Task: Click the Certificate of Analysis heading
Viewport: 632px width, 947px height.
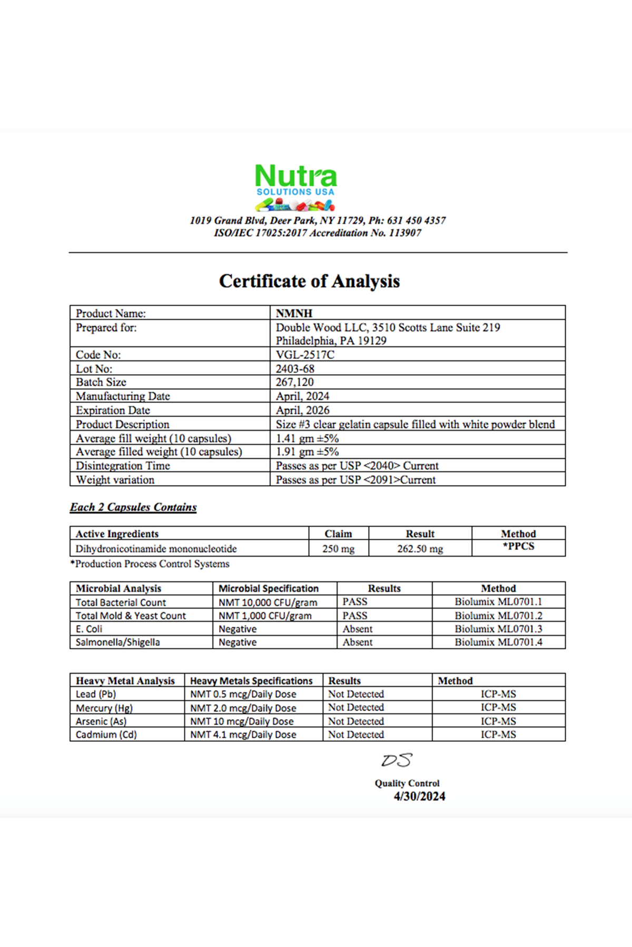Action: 309,281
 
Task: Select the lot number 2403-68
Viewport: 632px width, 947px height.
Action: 295,369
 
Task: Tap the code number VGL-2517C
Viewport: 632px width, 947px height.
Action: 305,355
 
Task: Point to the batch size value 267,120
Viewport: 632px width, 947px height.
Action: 294,382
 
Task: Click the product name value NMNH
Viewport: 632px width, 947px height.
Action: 294,314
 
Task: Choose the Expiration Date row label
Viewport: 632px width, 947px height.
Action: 113,410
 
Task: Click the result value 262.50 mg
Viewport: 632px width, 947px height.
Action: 420,549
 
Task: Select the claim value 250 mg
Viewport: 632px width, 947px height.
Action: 338,549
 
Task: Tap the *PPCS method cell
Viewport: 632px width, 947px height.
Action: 518,547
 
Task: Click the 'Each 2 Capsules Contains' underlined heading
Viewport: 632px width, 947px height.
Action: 133,507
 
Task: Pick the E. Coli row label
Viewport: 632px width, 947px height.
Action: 89,629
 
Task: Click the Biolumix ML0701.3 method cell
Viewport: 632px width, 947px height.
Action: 498,629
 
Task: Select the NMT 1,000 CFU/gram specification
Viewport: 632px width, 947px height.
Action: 265,616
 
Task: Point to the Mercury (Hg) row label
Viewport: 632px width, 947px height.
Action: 104,708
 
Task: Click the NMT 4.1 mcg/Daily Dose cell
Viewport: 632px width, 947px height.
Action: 243,735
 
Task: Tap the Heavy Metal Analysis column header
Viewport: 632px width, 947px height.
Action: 125,681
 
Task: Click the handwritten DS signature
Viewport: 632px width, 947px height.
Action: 397,760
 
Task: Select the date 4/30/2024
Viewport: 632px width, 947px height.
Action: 419,797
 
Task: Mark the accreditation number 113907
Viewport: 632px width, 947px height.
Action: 405,233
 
